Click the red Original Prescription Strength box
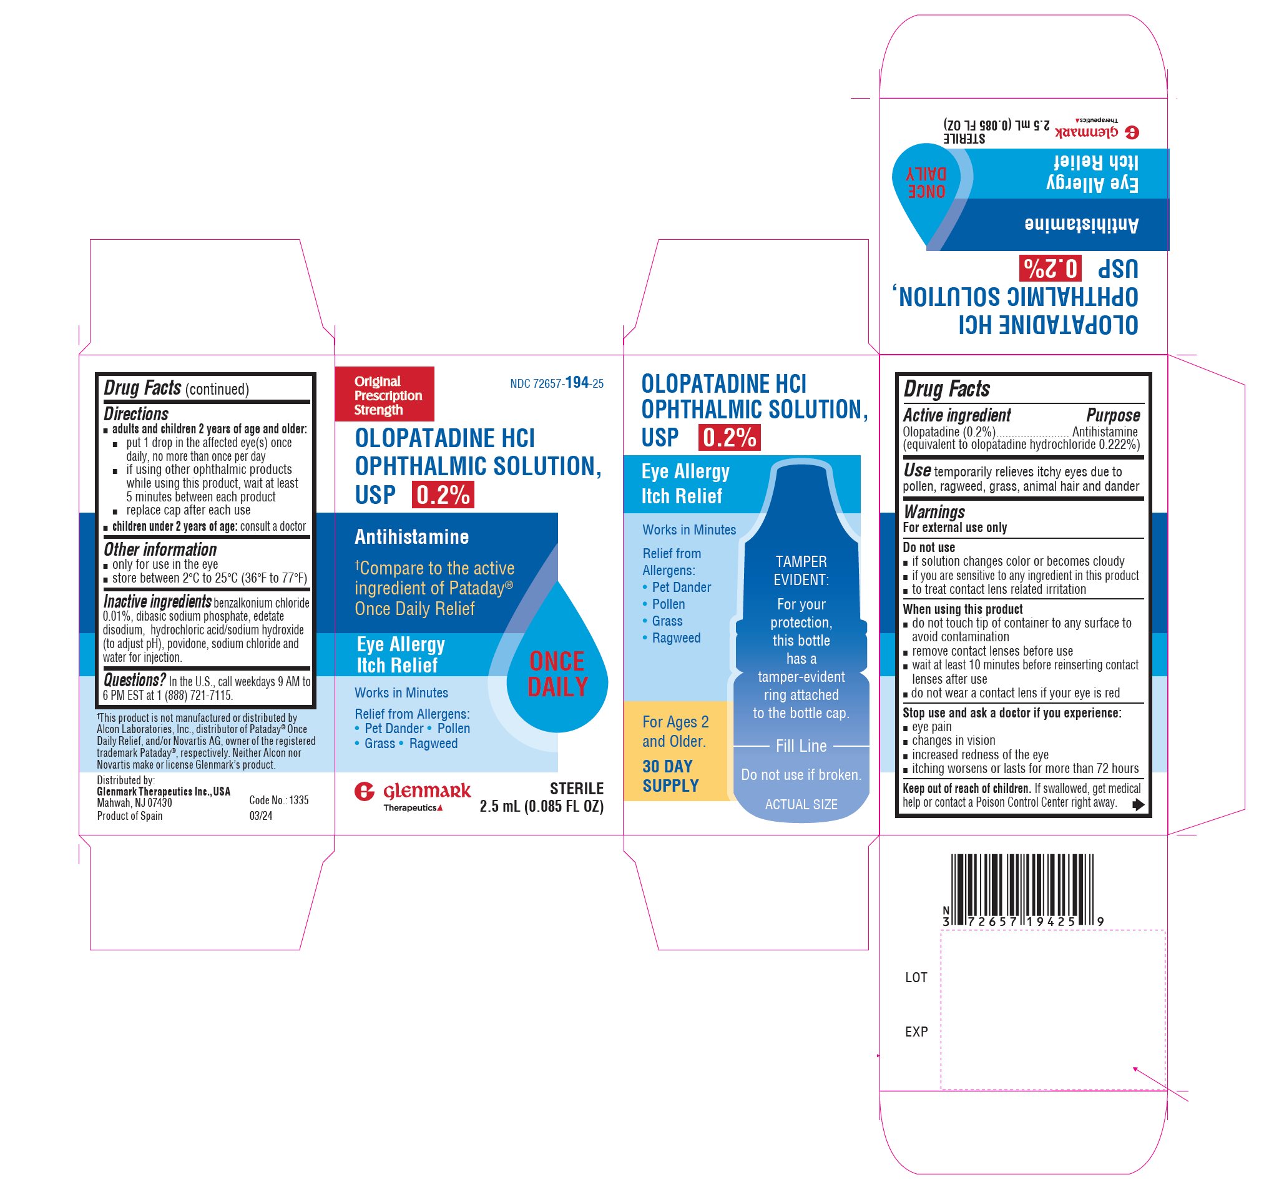point(385,394)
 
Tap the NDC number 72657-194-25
point(557,383)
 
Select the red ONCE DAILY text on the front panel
point(557,674)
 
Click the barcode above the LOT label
point(1023,889)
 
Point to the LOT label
point(916,978)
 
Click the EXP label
point(916,1032)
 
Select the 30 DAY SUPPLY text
point(671,776)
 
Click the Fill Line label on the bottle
point(801,746)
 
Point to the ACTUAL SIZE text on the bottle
point(801,805)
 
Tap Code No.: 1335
point(279,800)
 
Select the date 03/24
point(261,816)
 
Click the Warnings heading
point(934,512)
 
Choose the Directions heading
point(136,414)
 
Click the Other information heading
point(160,549)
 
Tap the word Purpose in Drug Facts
point(1113,415)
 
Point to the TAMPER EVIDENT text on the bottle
point(801,571)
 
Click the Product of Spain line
point(130,816)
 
